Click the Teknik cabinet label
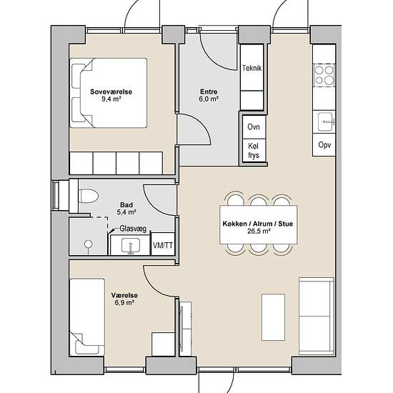click(x=252, y=68)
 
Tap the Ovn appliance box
click(x=254, y=126)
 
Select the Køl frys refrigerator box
click(x=254, y=151)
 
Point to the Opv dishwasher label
click(x=324, y=145)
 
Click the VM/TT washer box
click(x=163, y=244)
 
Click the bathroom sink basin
click(x=131, y=245)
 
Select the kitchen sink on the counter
click(x=325, y=121)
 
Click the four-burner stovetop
click(x=324, y=74)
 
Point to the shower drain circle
click(x=89, y=244)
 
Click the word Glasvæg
click(x=133, y=229)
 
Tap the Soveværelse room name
click(x=111, y=91)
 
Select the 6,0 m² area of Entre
click(x=209, y=99)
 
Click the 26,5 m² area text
click(x=259, y=231)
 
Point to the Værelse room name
click(x=124, y=296)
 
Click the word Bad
click(x=126, y=205)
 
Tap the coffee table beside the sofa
click(x=273, y=317)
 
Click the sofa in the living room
click(x=317, y=316)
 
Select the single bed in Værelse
click(x=87, y=317)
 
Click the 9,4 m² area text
click(x=111, y=99)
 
